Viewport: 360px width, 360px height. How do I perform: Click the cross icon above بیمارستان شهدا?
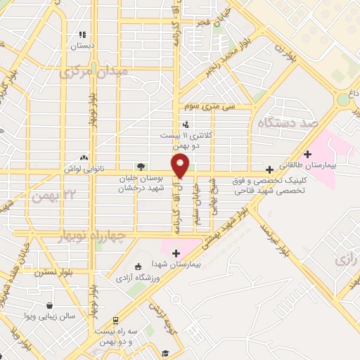click(175, 252)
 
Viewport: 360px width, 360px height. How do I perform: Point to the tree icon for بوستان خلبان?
click(141, 167)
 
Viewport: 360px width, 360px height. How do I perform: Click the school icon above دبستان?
click(82, 34)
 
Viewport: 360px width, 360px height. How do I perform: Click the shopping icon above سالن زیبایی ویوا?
click(50, 306)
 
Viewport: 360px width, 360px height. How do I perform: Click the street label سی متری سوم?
click(218, 105)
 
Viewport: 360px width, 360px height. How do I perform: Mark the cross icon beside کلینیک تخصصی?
click(269, 169)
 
